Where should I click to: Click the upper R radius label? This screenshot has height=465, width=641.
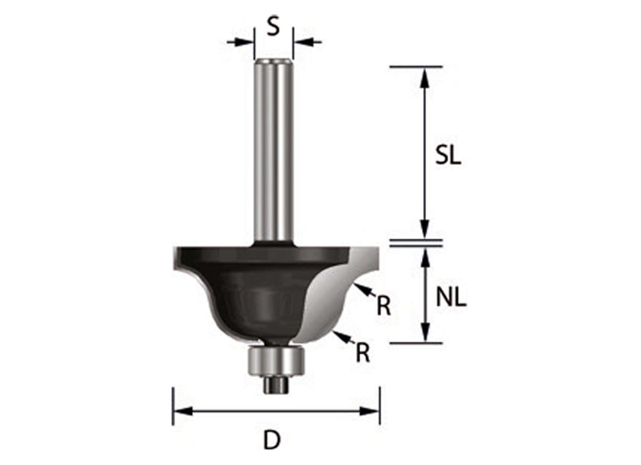(x=384, y=306)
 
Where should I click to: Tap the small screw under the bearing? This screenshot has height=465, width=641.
(x=275, y=385)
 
